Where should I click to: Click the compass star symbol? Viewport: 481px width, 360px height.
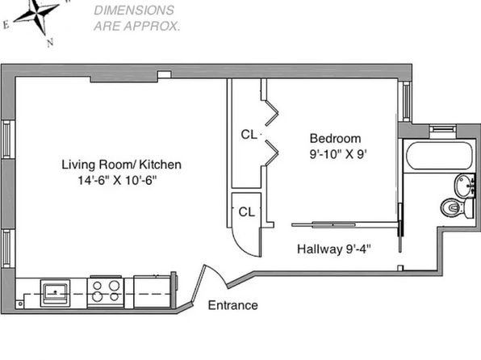37,14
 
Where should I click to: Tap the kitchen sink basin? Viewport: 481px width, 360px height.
55,293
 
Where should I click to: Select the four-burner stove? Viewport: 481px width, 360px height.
106,292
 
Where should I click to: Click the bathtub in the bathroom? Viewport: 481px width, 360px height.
439,155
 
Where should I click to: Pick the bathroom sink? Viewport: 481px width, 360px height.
465,186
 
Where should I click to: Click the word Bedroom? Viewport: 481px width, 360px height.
335,138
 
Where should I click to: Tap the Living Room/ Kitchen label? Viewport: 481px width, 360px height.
122,165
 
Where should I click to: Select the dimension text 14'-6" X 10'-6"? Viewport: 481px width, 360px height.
117,180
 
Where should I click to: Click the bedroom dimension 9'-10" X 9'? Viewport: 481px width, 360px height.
338,154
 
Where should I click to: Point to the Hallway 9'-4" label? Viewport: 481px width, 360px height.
334,249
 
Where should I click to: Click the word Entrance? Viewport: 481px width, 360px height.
232,305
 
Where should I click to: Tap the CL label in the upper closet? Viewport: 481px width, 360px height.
249,135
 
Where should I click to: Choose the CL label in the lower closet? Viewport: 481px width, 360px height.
247,211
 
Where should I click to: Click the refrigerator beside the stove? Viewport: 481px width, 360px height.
153,291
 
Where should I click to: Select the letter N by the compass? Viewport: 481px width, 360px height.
50,42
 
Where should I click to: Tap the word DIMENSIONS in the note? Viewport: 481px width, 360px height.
134,10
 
